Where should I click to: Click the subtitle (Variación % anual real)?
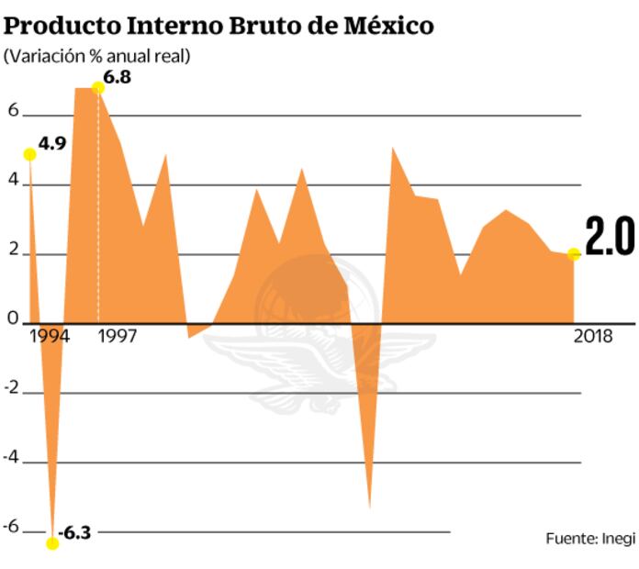click(x=97, y=56)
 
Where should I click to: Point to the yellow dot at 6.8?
click(x=98, y=87)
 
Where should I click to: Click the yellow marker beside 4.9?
click(x=29, y=154)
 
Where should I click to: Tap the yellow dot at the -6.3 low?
click(x=52, y=543)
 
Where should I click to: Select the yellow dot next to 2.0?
click(x=574, y=253)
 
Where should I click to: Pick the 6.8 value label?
click(x=118, y=77)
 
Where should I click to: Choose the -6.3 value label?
click(x=74, y=533)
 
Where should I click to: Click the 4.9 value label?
click(x=52, y=144)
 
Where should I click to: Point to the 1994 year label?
click(x=49, y=336)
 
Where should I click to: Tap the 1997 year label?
click(x=118, y=336)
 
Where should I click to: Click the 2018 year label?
click(x=593, y=336)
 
